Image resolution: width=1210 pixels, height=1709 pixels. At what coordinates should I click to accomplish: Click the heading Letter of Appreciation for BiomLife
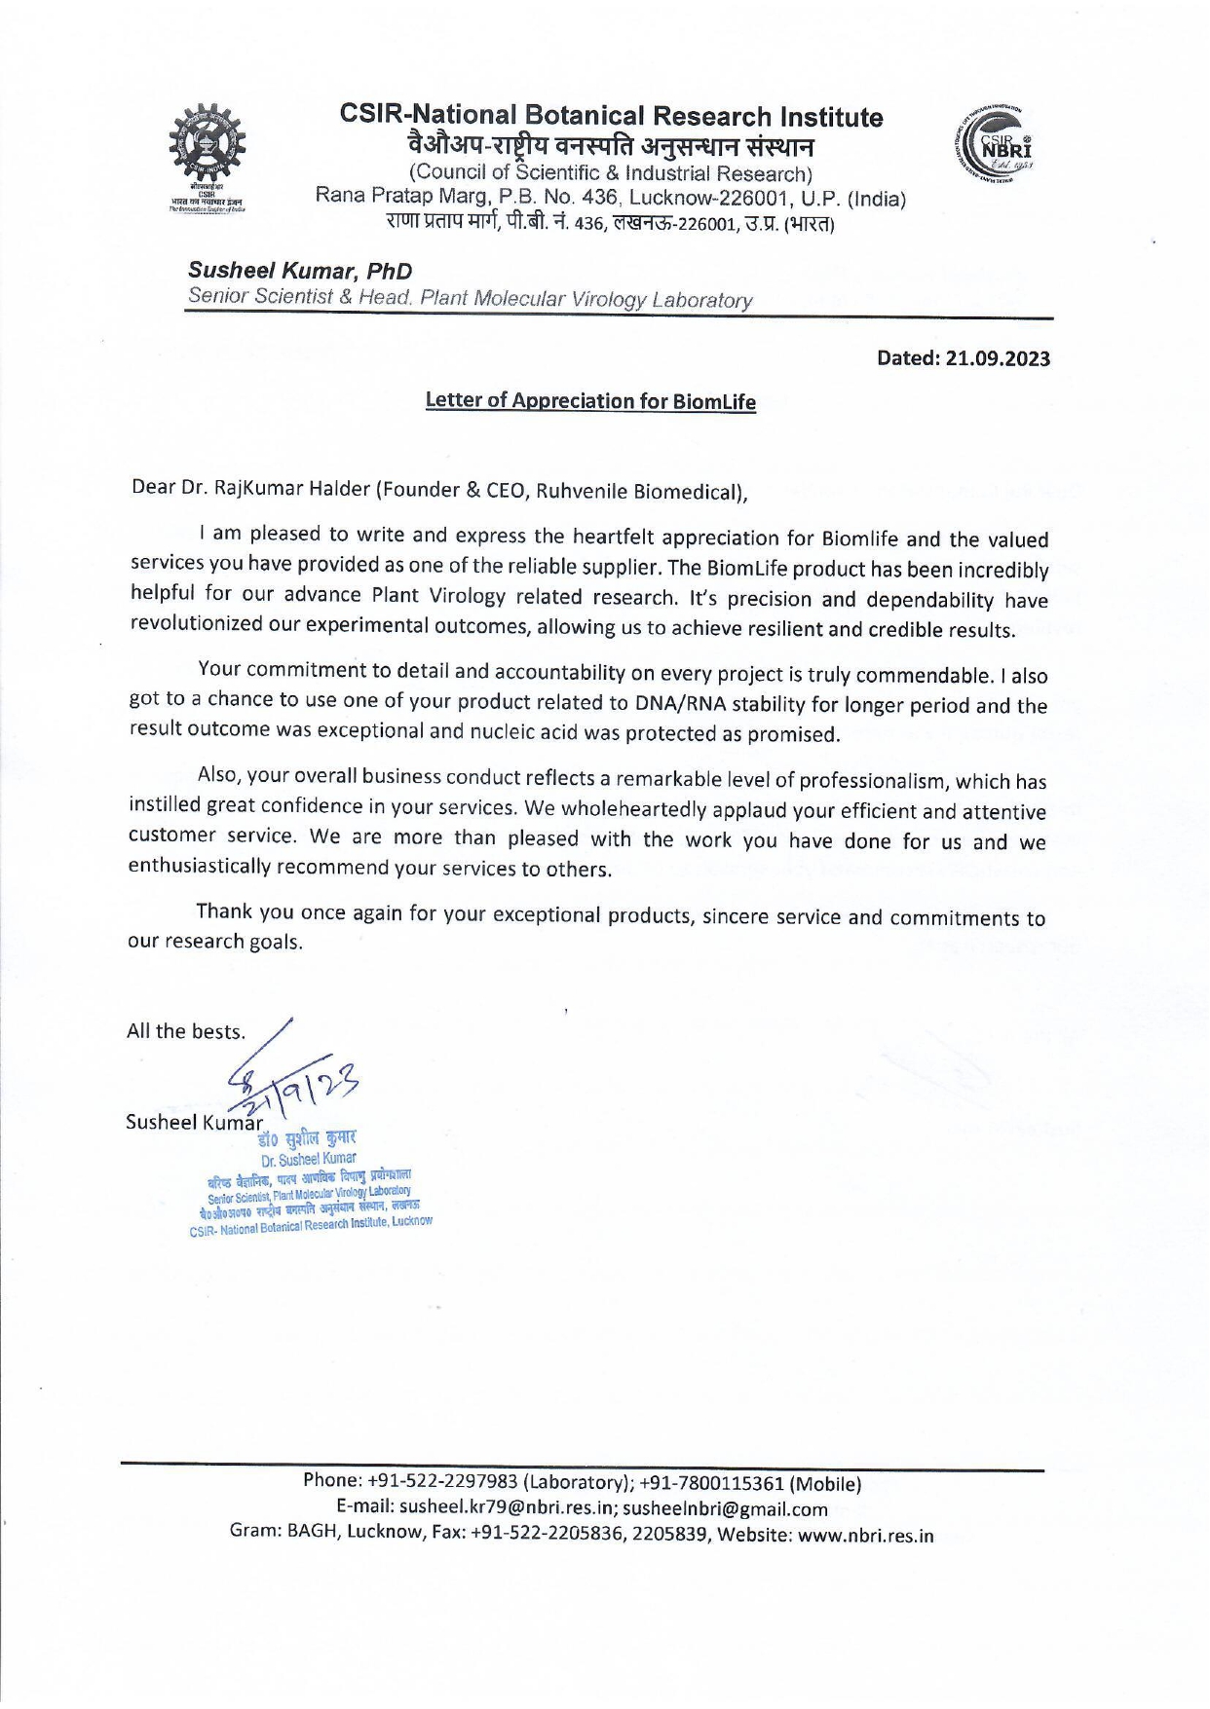point(590,401)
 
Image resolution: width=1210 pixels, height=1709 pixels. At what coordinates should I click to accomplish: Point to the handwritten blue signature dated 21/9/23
point(292,1081)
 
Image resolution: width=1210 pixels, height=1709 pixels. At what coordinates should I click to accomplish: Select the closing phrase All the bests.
point(186,1031)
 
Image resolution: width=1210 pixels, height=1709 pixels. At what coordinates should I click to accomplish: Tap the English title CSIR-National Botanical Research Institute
point(611,117)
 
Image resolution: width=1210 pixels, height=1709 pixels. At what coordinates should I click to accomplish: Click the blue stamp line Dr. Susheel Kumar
point(308,1160)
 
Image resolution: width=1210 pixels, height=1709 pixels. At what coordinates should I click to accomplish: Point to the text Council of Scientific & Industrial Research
point(611,174)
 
